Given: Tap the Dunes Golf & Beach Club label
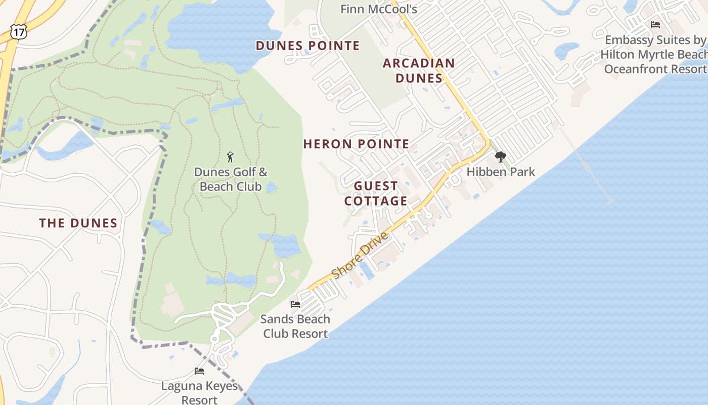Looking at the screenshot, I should [231, 179].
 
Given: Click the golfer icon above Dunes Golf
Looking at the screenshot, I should [231, 157].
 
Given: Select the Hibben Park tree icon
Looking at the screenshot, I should [500, 157].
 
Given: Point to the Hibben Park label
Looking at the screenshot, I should [500, 172].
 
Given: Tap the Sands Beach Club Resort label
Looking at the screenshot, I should [295, 326].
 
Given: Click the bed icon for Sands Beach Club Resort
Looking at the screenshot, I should [295, 304].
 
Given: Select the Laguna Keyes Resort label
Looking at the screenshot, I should [199, 392].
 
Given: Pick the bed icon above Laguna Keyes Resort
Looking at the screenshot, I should [199, 371].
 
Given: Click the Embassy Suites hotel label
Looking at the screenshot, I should [655, 54].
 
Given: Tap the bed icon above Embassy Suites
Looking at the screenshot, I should [655, 24].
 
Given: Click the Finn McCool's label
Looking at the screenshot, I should [378, 9].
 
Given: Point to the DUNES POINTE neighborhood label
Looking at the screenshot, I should [307, 46].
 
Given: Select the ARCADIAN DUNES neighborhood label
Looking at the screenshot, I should [419, 70].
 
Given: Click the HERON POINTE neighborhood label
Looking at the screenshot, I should [356, 144].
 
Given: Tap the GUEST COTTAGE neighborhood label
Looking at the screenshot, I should [376, 193].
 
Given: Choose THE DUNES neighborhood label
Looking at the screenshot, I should [78, 223].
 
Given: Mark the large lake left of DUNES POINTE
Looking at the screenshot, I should [217, 30].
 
